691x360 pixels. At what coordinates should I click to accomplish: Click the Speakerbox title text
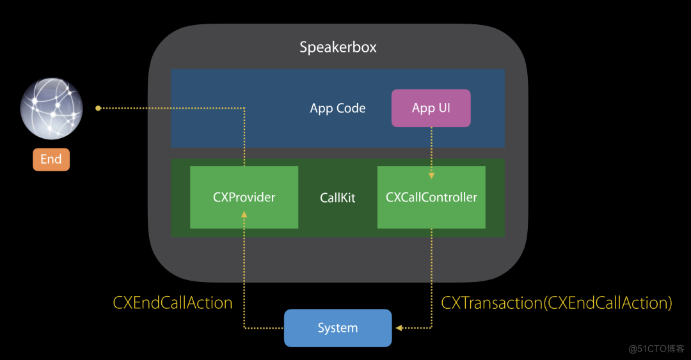coord(338,47)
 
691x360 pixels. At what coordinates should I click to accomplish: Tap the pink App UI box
coord(431,108)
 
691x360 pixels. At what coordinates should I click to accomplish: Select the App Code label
coord(337,108)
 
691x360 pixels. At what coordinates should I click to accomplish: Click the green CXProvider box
coord(244,197)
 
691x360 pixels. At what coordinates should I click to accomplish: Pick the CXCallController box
coord(431,197)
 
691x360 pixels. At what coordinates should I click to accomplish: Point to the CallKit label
coord(337,198)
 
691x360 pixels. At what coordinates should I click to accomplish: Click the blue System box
coord(337,328)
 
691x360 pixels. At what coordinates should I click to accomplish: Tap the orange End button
coord(51,159)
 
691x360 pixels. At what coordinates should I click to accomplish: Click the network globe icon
coord(51,109)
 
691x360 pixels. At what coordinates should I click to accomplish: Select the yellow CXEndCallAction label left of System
coord(173,302)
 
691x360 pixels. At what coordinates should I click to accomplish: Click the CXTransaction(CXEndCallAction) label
coord(557,302)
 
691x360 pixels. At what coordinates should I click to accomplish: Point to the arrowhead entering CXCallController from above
coord(431,175)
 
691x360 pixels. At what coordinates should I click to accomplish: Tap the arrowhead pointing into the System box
coord(399,328)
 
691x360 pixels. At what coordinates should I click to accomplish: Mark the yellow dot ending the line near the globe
coord(98,108)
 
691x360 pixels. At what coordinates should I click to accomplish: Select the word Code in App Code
coord(351,108)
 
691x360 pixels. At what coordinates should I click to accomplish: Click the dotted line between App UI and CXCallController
coord(431,150)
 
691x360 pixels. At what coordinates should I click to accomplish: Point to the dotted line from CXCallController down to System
coord(431,275)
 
